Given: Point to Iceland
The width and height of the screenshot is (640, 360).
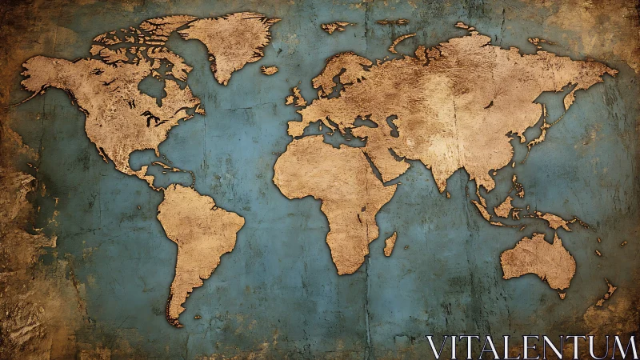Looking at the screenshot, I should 270,70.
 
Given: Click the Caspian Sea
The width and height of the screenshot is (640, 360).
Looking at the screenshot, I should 394,126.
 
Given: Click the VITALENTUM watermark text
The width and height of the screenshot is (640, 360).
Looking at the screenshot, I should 531,347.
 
